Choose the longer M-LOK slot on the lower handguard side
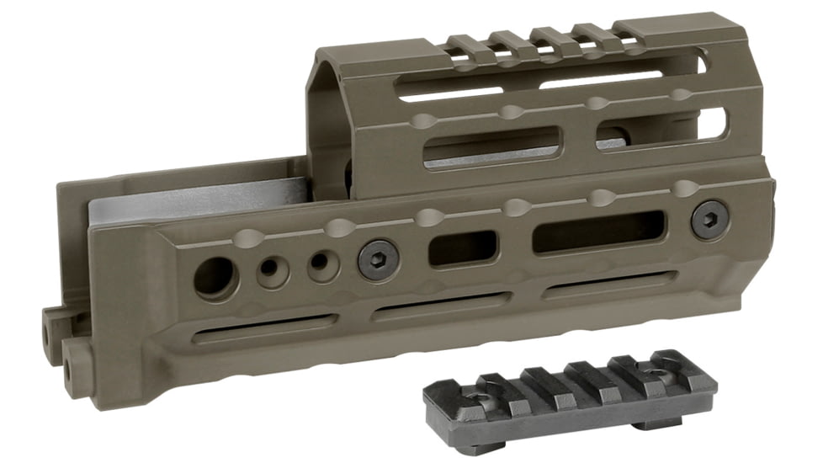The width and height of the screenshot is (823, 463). click(598, 231)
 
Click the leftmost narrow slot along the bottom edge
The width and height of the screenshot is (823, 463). click(264, 327)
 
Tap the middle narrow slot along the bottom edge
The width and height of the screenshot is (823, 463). click(441, 306)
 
